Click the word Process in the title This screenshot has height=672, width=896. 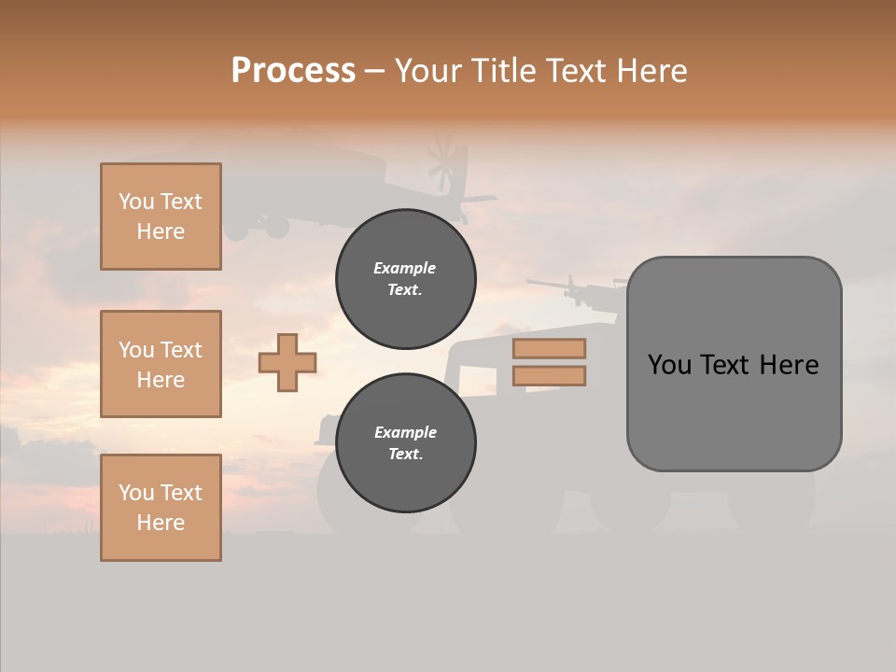click(x=293, y=71)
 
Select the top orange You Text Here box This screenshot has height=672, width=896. click(x=161, y=217)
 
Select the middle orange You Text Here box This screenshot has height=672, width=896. click(x=161, y=364)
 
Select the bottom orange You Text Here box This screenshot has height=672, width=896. click(x=161, y=508)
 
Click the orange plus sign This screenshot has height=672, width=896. click(x=287, y=361)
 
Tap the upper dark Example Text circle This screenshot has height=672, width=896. click(x=406, y=279)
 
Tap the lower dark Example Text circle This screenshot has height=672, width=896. click(x=406, y=442)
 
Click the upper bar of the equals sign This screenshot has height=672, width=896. click(x=549, y=348)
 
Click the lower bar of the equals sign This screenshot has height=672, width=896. click(x=549, y=375)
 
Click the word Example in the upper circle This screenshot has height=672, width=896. click(x=405, y=269)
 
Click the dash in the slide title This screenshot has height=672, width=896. click(x=375, y=73)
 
